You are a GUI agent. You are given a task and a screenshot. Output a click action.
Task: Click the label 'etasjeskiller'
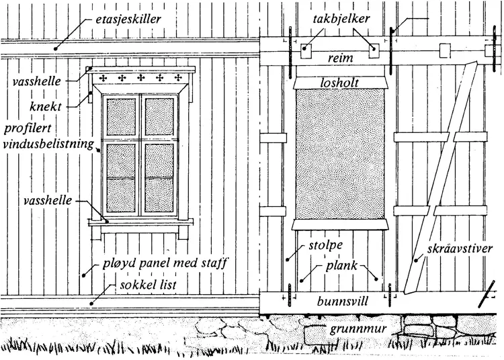(x=128, y=19)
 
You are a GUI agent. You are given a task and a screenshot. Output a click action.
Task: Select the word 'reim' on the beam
(x=339, y=58)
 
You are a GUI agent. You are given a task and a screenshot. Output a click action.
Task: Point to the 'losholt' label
(x=339, y=82)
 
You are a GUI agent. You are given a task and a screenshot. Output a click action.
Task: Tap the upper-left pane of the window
(x=121, y=118)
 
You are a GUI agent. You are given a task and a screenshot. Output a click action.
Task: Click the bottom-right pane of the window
(x=159, y=195)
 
